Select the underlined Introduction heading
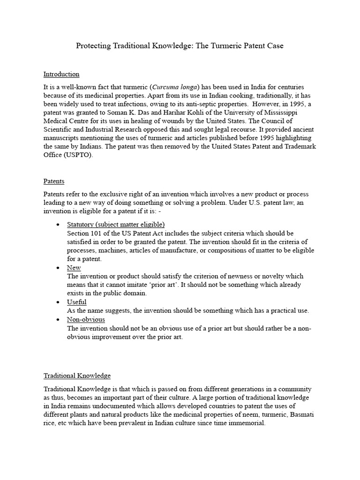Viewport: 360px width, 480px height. [61, 74]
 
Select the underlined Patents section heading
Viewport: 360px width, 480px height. [54, 181]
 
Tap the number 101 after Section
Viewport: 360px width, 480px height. [100, 233]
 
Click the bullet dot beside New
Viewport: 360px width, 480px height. [57, 268]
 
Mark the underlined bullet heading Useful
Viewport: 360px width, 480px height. [77, 302]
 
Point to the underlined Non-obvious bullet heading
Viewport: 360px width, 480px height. [86, 319]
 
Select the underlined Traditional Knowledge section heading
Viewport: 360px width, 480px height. [77, 375]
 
